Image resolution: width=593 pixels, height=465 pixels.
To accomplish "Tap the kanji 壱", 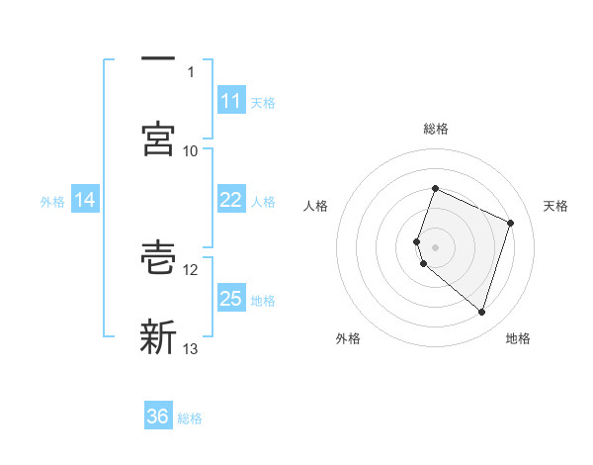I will (158, 257).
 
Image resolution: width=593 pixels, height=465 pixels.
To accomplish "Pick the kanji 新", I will (158, 336).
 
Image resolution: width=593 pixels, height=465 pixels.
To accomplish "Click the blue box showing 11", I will (230, 101).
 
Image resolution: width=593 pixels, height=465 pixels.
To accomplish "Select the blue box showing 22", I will (230, 200).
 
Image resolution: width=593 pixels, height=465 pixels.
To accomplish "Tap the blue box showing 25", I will (230, 299).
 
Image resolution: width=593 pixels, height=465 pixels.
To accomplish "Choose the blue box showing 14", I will (85, 200).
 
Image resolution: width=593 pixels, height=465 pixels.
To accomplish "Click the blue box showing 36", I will (158, 417).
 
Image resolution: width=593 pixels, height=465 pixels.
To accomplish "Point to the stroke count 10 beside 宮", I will (191, 150).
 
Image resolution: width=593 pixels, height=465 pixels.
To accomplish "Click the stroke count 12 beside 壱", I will (191, 269).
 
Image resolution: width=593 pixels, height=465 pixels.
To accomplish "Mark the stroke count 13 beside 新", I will (191, 348).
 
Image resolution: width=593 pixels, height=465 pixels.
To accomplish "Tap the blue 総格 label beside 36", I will (190, 418).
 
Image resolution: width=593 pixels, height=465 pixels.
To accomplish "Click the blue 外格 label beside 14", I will (52, 202).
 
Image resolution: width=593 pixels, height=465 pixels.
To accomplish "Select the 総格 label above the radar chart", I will (435, 129).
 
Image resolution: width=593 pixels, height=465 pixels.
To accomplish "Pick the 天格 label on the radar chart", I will (555, 206).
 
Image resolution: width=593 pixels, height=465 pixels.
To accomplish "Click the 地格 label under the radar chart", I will (518, 338).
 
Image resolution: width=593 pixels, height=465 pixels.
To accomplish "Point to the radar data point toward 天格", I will (510, 223).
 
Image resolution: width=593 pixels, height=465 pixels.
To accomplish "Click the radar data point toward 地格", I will (481, 312).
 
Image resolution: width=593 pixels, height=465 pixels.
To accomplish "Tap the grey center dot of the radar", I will (435, 245).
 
